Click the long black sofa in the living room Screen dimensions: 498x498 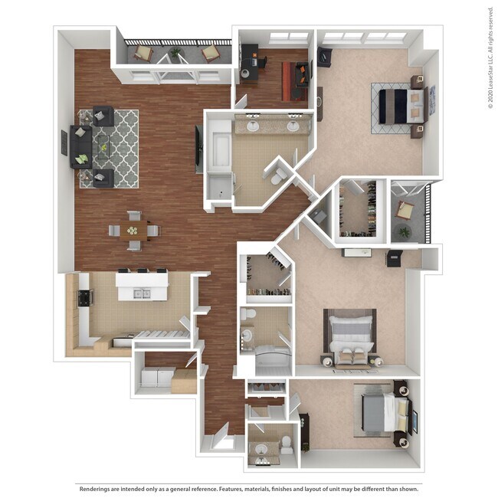[x=81, y=147]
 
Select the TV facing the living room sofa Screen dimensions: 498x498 [x=198, y=147]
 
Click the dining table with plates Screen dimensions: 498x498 [x=133, y=230]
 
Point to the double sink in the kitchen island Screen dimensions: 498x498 [x=141, y=293]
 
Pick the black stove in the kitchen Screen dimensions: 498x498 [x=84, y=297]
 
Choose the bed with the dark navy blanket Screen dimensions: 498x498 [x=400, y=106]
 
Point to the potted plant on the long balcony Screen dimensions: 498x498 [x=176, y=54]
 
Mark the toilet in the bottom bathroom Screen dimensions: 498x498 [x=286, y=444]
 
